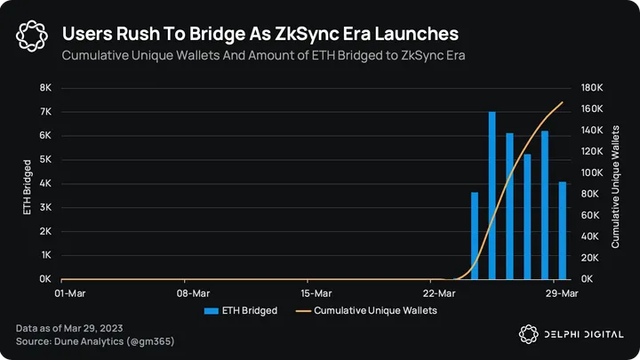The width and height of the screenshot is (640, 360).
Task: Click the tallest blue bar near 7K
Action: [492, 196]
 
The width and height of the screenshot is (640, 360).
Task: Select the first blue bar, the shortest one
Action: [475, 236]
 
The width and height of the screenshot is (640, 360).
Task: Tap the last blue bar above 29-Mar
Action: [562, 230]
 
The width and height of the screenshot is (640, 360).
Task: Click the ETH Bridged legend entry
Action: [241, 311]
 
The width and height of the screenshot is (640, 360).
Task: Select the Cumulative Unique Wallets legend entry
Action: [366, 311]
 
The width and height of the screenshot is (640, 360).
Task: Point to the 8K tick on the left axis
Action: [45, 88]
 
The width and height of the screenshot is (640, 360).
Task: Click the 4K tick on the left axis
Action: [45, 184]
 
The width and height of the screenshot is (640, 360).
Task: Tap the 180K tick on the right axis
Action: [593, 88]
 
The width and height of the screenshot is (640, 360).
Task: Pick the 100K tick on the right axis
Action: [593, 172]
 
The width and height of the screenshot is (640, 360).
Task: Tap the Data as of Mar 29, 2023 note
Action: [70, 329]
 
